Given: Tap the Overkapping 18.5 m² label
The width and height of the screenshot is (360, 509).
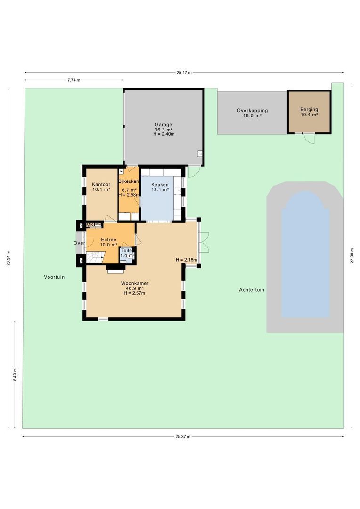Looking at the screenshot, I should (x=252, y=113).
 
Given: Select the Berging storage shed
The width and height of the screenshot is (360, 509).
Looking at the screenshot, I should (x=309, y=112).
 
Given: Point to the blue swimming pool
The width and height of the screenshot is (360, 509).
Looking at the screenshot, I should (x=305, y=254).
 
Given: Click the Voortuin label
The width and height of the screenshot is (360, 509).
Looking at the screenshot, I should (x=54, y=277).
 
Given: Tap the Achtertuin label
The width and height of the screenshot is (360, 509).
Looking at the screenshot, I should (x=252, y=290).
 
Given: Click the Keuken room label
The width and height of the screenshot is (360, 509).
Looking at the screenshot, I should (x=159, y=187).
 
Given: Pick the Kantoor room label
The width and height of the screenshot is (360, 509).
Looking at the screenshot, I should (x=101, y=187).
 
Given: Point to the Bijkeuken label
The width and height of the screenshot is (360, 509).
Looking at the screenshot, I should (x=128, y=181).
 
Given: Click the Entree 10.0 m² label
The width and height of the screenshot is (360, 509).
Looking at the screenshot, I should (x=108, y=242).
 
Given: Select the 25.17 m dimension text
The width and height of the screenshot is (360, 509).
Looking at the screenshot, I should (x=184, y=73).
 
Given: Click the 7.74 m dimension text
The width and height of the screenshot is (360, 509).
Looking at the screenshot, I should (x=74, y=80).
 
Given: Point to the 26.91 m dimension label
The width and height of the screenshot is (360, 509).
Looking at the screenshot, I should (x=8, y=258).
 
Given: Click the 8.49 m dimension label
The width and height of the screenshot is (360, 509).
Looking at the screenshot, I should (x=15, y=375).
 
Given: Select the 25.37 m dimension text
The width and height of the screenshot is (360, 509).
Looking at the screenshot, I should (x=183, y=437).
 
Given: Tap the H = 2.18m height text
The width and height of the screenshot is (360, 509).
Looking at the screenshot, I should (x=185, y=260).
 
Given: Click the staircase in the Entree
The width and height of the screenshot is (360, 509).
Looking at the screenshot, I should (x=94, y=258).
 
